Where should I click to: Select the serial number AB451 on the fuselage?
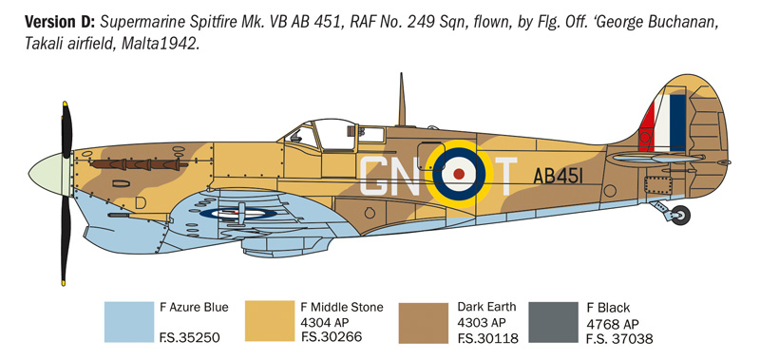pyautogui.click(x=560, y=176)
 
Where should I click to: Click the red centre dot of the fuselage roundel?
pyautogui.click(x=460, y=174)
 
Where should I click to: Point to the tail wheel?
pyautogui.click(x=680, y=216)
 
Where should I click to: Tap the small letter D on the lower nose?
pyautogui.click(x=142, y=201)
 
